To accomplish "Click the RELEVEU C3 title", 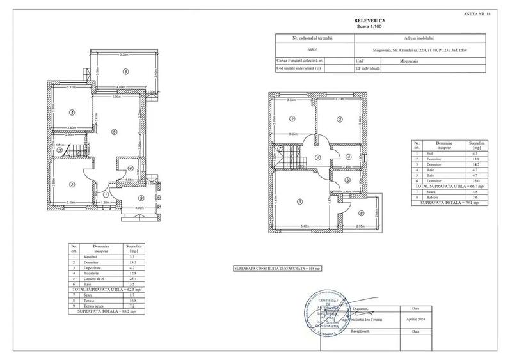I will tap(367, 21).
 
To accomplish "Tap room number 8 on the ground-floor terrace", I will tap(127, 72).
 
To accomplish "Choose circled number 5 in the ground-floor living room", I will tap(114, 132).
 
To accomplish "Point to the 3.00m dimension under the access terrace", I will tap(138, 208).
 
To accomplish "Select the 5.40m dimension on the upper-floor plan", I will tap(305, 226).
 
